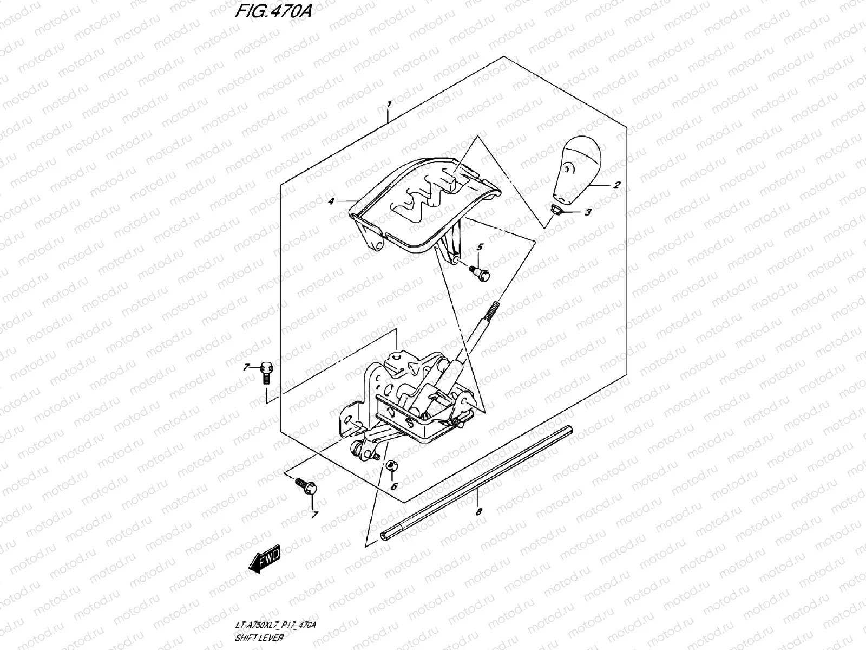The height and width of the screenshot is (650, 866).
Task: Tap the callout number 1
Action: click(389, 102)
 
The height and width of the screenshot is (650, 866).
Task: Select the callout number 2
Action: click(616, 185)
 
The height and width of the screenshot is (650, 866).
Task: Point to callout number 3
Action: click(588, 213)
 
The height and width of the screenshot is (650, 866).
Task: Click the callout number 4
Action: click(330, 201)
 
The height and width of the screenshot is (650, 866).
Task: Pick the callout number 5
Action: click(478, 248)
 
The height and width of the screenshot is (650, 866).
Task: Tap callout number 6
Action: click(393, 486)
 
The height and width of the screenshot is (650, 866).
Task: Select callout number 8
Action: click(477, 511)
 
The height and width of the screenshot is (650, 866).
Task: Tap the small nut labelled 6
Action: click(391, 465)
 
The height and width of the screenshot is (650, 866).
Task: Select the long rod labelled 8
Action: click(476, 482)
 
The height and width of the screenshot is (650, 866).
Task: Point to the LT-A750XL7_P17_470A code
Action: click(276, 626)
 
